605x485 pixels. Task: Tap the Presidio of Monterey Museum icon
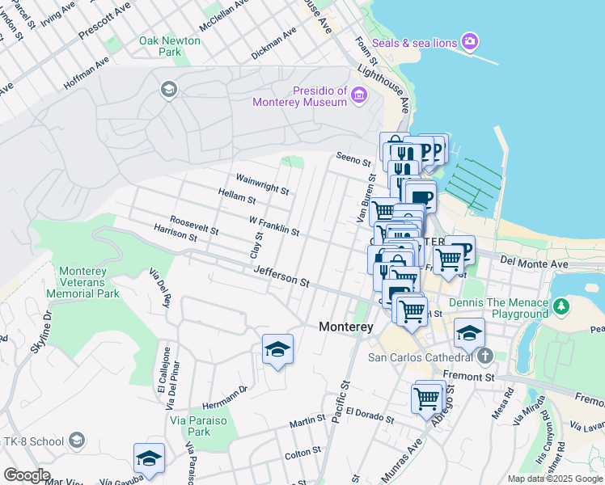tap(359, 97)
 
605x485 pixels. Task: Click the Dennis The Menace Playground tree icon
tap(561, 307)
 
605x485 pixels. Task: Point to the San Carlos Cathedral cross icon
tap(484, 356)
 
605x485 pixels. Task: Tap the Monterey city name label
tap(345, 327)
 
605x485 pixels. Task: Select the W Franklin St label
tap(274, 226)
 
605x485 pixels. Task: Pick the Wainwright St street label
tap(262, 183)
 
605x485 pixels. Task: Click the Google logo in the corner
tap(27, 475)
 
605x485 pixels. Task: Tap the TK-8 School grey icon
tap(77, 441)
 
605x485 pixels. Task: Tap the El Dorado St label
tap(369, 415)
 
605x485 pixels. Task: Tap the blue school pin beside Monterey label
tap(277, 349)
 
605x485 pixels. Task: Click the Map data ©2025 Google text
tap(554, 479)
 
